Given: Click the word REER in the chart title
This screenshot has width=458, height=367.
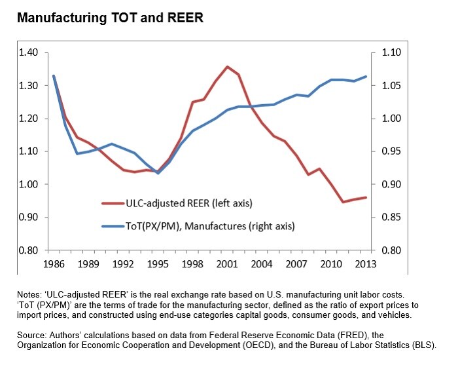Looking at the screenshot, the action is click(185, 18).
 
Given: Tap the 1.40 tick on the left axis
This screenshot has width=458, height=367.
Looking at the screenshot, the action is click(28, 52).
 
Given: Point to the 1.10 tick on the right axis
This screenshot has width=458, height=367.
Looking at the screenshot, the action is click(391, 52).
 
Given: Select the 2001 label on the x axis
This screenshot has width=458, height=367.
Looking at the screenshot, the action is click(227, 264).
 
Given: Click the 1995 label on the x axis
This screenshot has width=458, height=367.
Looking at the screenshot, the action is click(158, 264).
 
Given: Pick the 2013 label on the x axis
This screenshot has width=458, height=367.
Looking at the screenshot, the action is click(366, 264).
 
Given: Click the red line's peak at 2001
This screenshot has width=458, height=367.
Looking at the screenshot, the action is click(227, 66).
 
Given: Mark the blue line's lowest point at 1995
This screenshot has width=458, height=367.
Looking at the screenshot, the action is click(158, 173).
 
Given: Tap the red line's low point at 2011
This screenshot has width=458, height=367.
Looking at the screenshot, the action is click(343, 202).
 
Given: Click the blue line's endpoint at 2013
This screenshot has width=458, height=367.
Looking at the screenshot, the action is click(366, 77).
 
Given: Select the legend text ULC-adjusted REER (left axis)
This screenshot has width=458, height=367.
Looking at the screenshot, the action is click(189, 203).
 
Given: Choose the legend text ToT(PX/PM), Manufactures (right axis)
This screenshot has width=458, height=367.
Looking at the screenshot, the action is click(210, 226).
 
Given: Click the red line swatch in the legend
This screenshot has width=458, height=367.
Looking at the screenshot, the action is click(113, 203).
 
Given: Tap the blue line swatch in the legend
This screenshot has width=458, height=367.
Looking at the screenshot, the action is click(113, 226).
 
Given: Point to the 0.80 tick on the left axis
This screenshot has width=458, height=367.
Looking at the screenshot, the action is click(28, 250).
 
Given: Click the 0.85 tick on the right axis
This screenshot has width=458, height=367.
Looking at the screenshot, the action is click(391, 217).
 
